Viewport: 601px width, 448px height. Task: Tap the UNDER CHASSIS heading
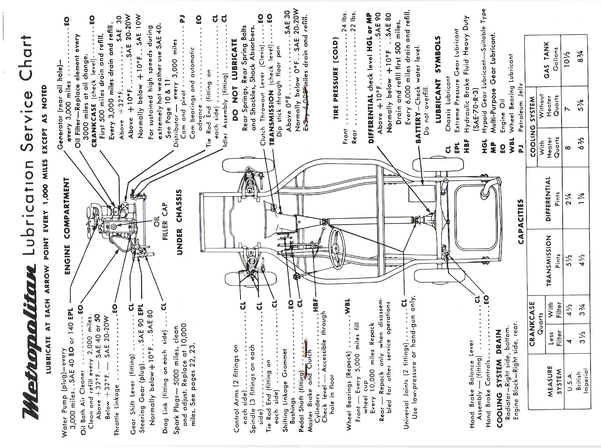(x=179, y=222)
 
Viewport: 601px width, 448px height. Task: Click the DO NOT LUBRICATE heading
(x=235, y=69)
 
